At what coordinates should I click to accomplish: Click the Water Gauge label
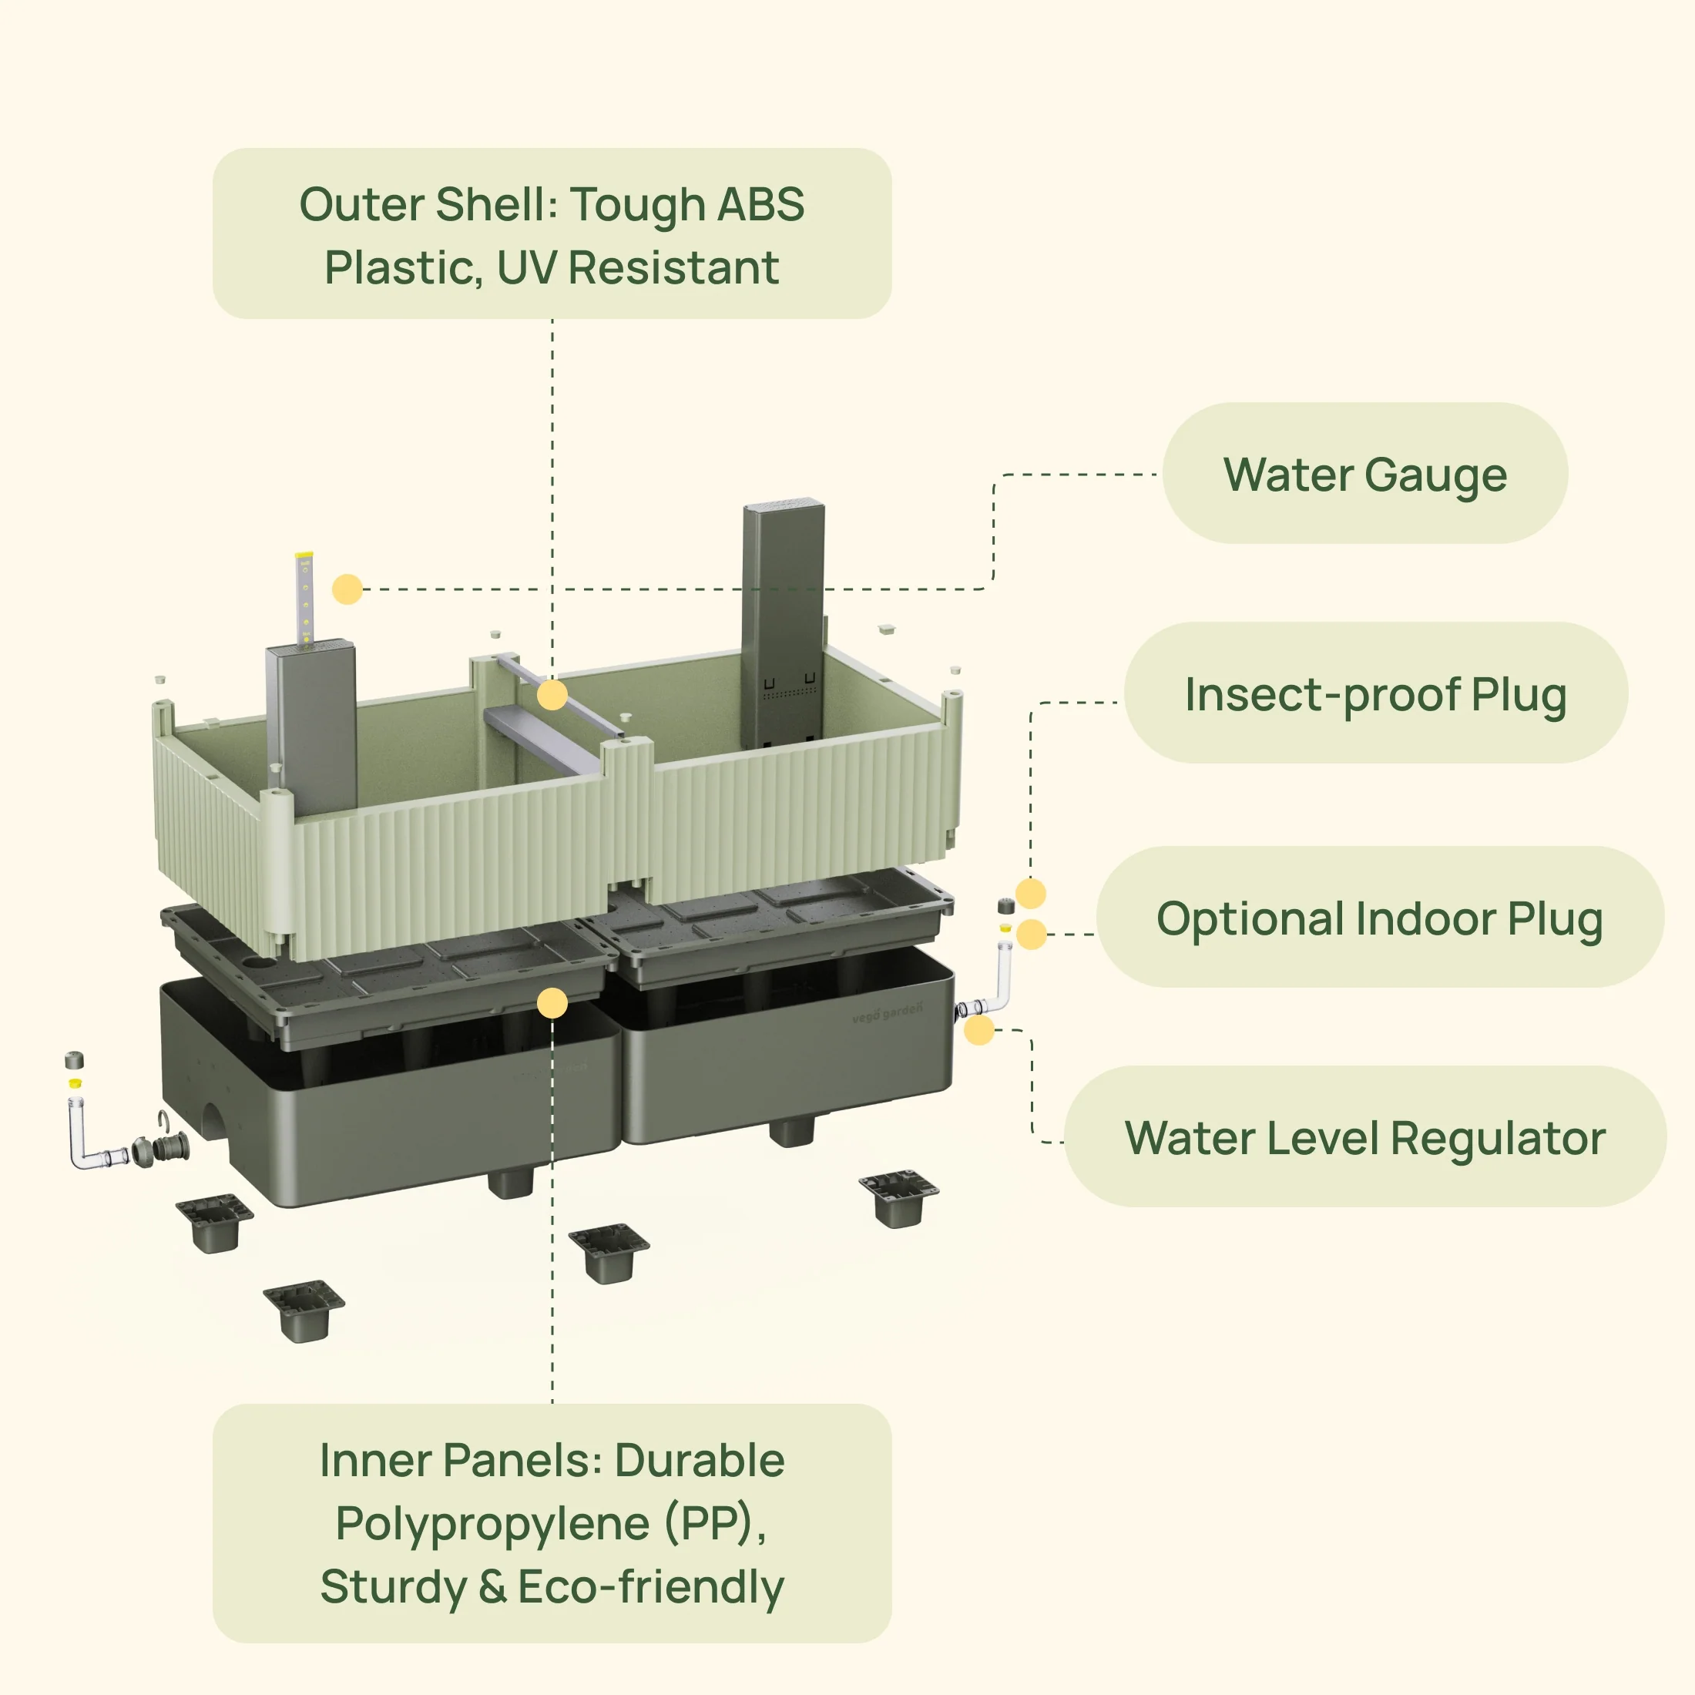[1364, 475]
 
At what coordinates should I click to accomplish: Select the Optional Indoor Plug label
[1379, 918]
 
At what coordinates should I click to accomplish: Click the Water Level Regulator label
[1364, 1138]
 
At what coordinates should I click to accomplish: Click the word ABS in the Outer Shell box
[760, 204]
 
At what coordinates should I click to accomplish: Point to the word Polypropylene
[492, 1523]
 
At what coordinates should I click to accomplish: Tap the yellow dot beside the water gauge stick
[347, 589]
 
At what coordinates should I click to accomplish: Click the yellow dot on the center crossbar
[552, 696]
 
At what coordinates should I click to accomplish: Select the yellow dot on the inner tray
[552, 1003]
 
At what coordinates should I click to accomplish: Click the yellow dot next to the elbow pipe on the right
[979, 1030]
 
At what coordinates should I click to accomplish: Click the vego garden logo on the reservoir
[887, 1012]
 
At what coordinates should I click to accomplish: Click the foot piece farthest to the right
[899, 1197]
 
